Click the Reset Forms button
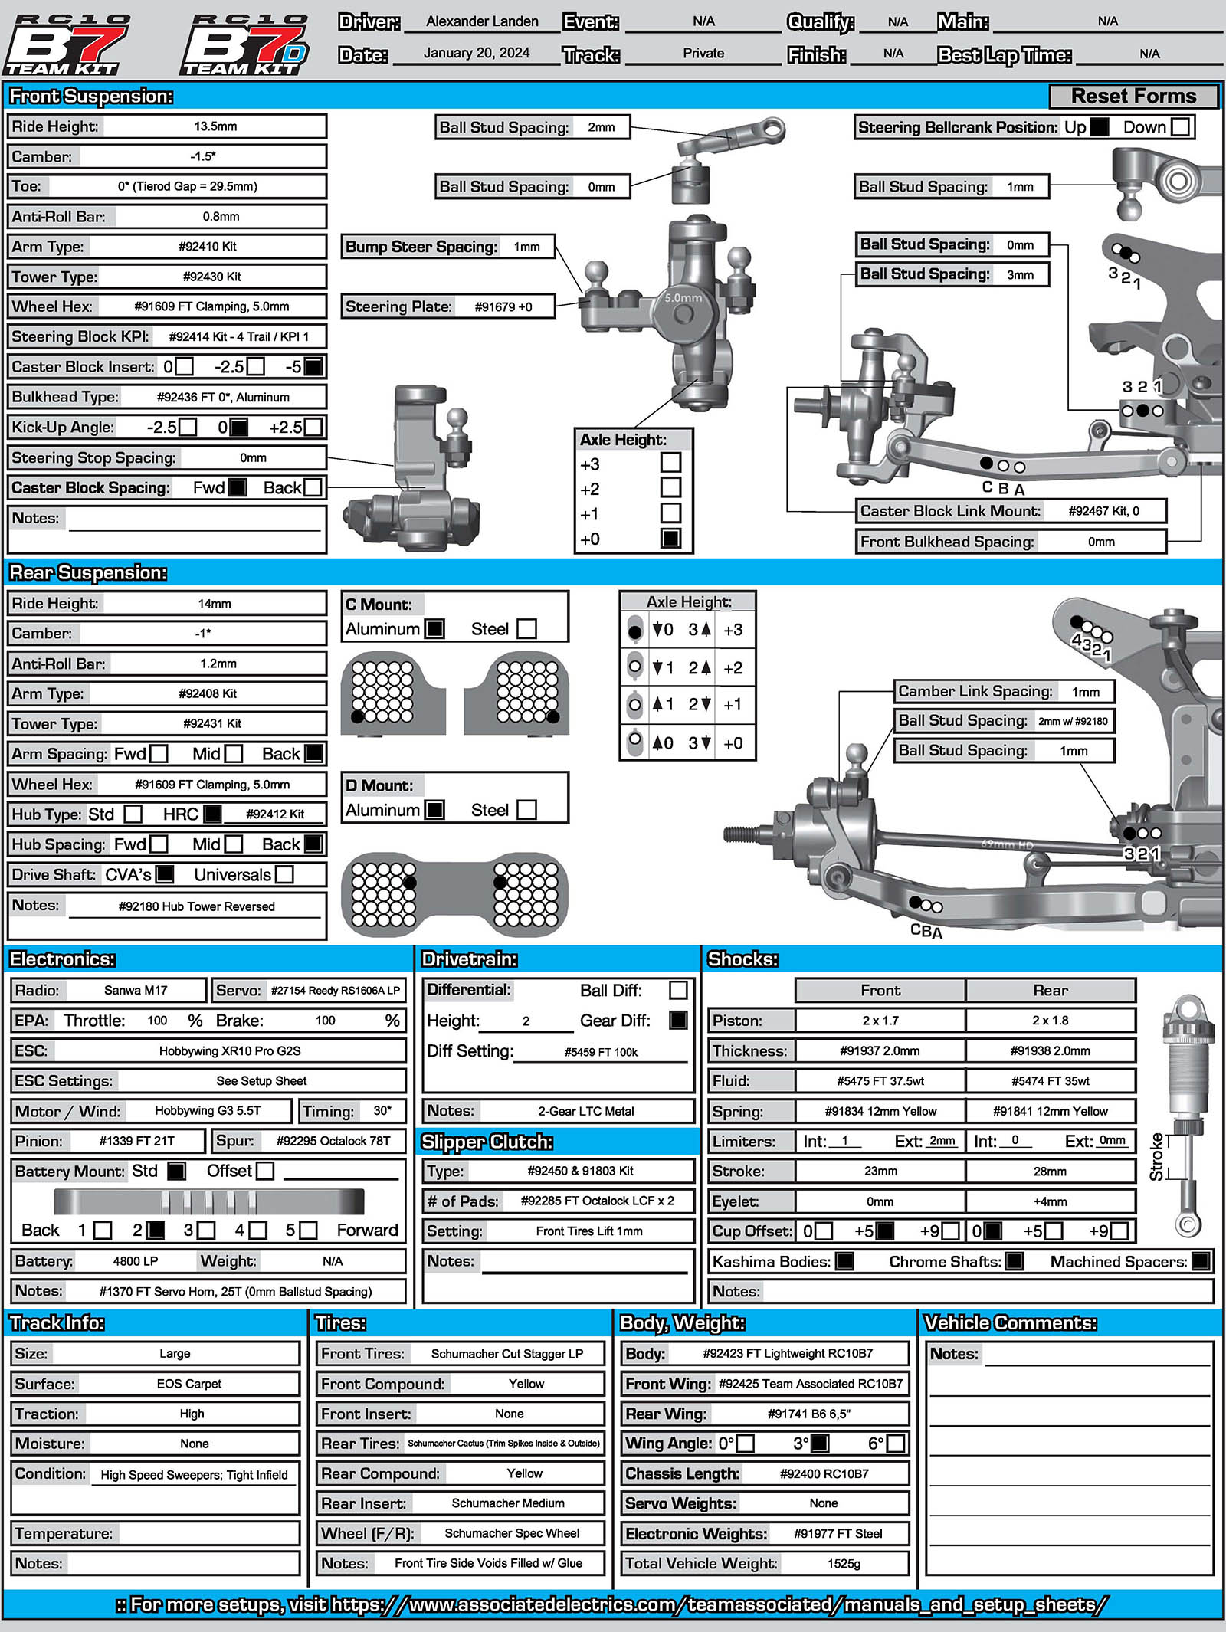tap(1133, 97)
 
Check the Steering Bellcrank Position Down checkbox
tap(1181, 127)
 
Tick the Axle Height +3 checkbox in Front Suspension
tap(670, 463)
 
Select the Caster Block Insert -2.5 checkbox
tap(256, 367)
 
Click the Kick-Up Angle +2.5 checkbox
tap(313, 427)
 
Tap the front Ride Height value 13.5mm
tap(215, 126)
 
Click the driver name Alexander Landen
tap(482, 21)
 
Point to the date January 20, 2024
tap(477, 53)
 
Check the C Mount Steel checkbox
tap(526, 629)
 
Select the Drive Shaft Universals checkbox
tap(284, 874)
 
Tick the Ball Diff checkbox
tap(678, 990)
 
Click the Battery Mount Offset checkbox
tap(265, 1171)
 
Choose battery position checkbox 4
tap(258, 1231)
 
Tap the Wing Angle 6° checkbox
tap(895, 1444)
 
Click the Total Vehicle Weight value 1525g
tap(844, 1563)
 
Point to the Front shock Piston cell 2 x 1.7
tap(880, 1021)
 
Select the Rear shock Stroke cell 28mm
tap(1050, 1171)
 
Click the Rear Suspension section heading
tap(88, 572)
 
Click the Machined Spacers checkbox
tap(1201, 1261)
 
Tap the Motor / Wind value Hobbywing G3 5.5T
tap(208, 1111)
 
